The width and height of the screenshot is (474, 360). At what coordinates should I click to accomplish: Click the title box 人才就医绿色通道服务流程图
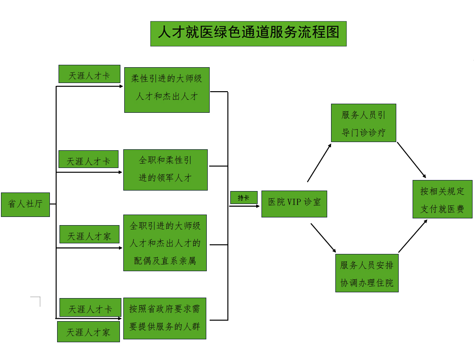(248, 33)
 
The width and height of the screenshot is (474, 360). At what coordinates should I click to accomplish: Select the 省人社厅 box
(25, 204)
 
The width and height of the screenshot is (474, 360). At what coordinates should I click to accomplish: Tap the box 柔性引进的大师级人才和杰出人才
(166, 90)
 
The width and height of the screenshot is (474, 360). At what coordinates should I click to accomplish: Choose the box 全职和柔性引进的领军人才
(165, 169)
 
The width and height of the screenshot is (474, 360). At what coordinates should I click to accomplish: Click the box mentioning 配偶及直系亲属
(165, 243)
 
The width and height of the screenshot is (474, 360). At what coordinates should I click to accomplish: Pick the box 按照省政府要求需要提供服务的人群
(165, 318)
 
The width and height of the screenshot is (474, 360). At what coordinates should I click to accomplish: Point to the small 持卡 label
(244, 197)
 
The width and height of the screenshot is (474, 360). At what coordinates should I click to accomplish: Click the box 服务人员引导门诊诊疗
(363, 123)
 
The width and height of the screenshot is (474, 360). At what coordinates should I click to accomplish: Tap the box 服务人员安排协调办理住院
(367, 273)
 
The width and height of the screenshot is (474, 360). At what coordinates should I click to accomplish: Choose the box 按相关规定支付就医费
(442, 199)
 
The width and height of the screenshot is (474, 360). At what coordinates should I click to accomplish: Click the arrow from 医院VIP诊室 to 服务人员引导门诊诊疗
(319, 162)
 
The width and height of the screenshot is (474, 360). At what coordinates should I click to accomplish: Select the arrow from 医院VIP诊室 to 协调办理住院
(323, 238)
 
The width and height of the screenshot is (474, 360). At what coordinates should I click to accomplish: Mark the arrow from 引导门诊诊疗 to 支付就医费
(411, 160)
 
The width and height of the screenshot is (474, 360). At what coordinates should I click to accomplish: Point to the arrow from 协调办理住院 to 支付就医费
(413, 236)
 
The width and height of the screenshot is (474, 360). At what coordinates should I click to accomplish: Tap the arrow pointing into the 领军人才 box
(89, 172)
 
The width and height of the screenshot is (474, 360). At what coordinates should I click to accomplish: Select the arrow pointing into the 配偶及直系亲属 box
(89, 248)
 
